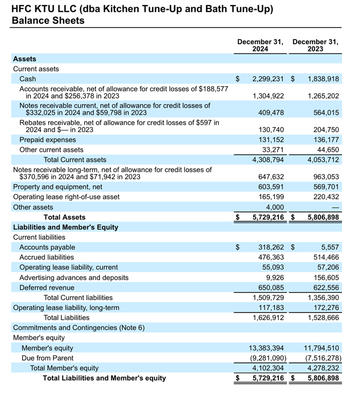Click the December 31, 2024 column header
260,45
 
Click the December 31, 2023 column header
315,45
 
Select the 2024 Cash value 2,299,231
268,79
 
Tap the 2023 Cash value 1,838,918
323,79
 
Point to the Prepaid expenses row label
48,140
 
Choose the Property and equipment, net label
58,187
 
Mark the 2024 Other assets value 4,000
275,207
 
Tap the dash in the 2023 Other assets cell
335,207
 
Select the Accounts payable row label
47,247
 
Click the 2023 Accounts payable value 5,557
331,247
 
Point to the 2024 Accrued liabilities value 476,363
271,257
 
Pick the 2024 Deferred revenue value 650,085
271,288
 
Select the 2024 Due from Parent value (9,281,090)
268,358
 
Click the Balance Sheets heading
48,20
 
